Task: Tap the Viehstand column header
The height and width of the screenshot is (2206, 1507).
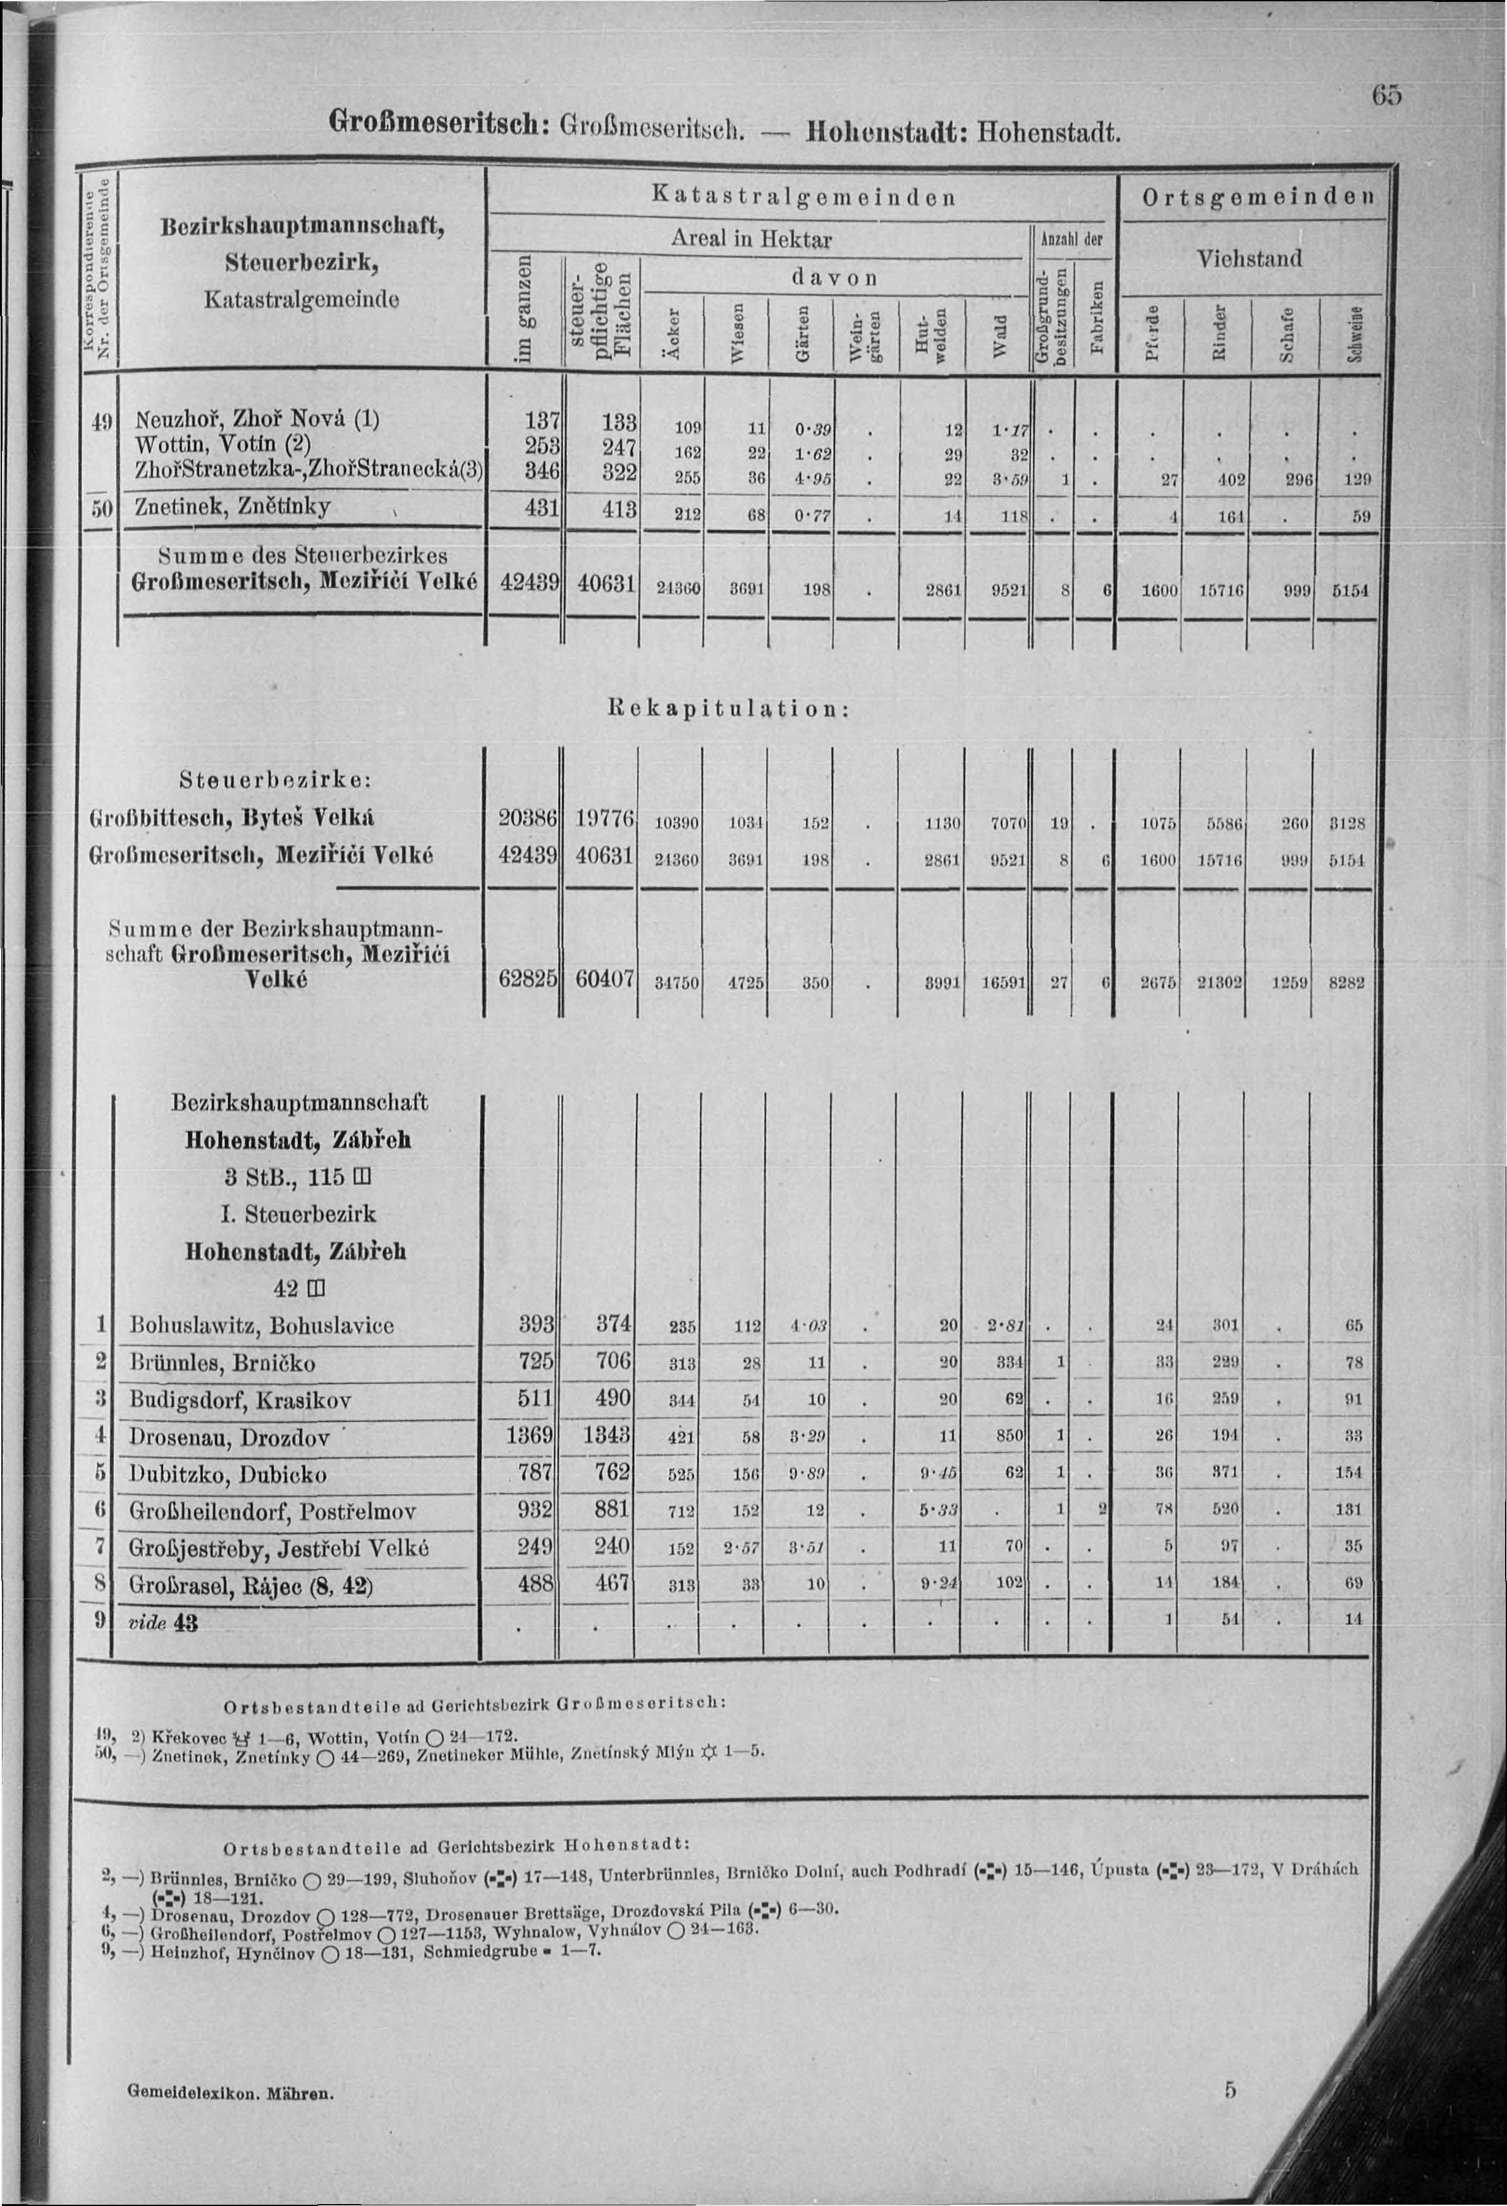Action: click(x=1249, y=258)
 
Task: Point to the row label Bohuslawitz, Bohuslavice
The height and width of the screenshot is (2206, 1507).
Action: click(x=261, y=1325)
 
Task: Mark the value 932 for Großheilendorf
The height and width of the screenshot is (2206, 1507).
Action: click(x=534, y=1509)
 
